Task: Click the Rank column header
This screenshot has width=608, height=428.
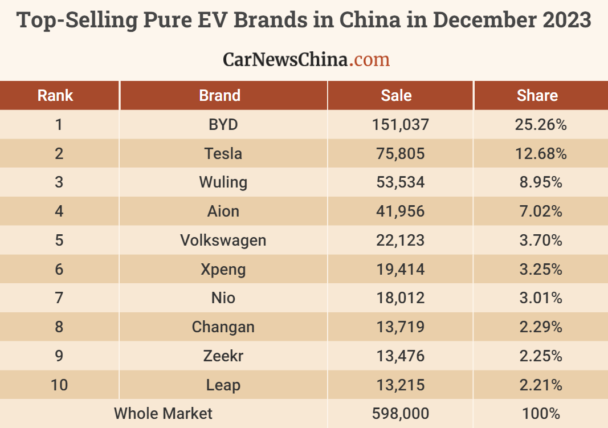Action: coord(55,95)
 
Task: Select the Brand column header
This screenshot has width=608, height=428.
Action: coord(220,95)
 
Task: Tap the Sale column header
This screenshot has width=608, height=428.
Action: coord(396,95)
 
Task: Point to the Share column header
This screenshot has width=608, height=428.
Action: coord(537,95)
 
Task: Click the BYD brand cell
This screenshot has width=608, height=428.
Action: coord(223,124)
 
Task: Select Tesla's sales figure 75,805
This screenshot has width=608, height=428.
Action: coord(400,153)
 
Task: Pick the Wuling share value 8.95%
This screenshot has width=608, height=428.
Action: coord(541,182)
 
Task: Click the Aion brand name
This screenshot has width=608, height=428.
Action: coord(223,211)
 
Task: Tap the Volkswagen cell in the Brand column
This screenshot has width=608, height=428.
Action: coord(223,240)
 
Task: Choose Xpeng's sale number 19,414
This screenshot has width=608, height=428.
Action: coord(400,269)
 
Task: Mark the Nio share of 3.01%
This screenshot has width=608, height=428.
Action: coord(541,298)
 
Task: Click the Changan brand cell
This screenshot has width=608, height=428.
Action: coord(223,327)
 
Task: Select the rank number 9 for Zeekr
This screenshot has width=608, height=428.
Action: coord(59,356)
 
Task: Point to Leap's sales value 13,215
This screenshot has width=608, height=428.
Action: coord(400,385)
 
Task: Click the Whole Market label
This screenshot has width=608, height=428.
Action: coord(163,413)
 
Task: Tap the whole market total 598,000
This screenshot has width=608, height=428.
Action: coord(400,413)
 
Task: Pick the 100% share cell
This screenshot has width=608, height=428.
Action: coord(541,413)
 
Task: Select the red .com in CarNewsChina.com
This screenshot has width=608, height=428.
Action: coord(370,59)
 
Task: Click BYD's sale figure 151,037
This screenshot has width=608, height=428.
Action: coord(400,124)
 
